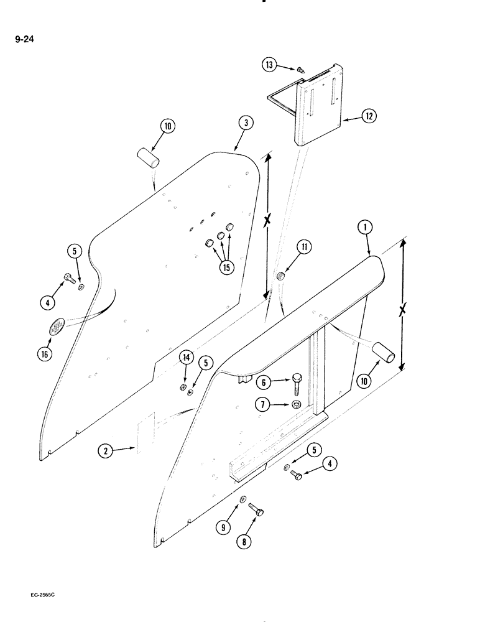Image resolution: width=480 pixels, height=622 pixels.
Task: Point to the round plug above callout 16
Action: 57,327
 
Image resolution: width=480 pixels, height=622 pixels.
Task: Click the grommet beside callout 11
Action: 280,276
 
